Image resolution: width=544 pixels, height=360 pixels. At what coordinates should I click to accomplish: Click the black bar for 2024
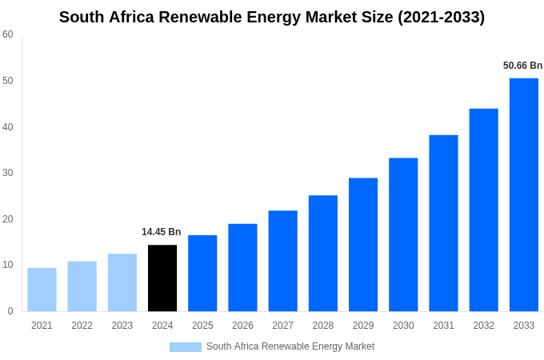162,278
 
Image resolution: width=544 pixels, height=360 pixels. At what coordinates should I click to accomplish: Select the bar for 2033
523,194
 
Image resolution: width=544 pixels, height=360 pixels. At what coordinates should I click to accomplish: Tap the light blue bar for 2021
42,290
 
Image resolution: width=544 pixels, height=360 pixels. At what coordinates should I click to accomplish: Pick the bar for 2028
322,253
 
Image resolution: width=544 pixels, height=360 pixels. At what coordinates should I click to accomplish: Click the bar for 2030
403,234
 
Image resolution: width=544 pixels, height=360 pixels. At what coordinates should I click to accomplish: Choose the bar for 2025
202,273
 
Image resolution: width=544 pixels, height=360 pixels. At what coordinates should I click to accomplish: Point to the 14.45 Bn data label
162,232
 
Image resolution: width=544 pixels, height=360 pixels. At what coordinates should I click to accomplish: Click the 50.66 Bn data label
522,66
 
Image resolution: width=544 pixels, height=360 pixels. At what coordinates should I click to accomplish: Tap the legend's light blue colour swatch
185,347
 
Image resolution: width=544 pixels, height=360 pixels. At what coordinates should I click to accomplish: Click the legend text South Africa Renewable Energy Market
290,346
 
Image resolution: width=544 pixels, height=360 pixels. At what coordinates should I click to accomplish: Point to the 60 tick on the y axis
8,34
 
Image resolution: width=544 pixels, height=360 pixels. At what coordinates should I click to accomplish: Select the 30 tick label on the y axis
8,173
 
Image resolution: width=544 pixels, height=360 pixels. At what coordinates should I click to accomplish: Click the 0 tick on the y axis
10,311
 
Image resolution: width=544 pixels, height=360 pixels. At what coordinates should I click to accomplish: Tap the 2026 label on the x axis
242,326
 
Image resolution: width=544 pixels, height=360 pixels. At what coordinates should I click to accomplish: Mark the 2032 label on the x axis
483,326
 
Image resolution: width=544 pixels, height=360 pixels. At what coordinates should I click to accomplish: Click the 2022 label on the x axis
82,326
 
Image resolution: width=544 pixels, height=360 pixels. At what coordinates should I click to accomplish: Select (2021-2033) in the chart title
441,17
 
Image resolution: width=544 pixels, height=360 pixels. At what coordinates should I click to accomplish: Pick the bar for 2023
122,282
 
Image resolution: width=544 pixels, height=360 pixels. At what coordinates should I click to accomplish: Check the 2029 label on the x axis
363,326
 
